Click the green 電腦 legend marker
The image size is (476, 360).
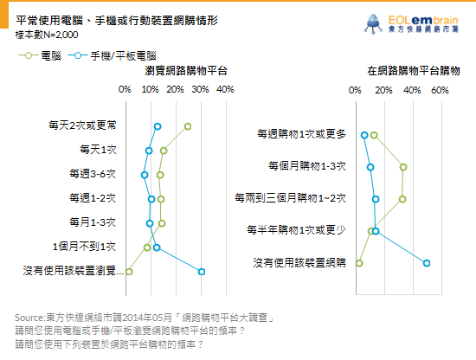coord(29,55)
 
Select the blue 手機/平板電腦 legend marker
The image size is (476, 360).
coord(78,55)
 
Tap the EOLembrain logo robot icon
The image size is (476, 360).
coord(373,23)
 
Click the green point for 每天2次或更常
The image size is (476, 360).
coord(188,126)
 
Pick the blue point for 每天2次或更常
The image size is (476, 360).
coord(158,126)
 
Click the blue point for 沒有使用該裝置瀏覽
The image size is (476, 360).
coord(202,272)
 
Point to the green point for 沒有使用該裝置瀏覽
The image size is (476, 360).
coord(129,272)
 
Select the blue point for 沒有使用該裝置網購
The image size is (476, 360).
coord(427,263)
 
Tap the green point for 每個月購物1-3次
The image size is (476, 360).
coord(403,167)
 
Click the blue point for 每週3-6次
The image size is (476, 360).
coord(145,175)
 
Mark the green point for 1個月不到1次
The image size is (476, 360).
coord(147,247)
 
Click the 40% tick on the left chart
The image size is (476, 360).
coord(225,89)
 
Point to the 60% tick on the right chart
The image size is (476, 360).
coord(440,90)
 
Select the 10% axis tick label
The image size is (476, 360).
coord(151,89)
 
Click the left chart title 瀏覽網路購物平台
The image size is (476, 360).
coord(186,71)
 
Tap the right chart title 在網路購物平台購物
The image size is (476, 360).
coord(414,71)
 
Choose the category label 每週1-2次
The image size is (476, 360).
coord(93,198)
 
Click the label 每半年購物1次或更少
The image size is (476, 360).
coord(296,230)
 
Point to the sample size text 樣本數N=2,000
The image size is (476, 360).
coord(47,35)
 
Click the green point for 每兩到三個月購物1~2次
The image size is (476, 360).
coord(402,199)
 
